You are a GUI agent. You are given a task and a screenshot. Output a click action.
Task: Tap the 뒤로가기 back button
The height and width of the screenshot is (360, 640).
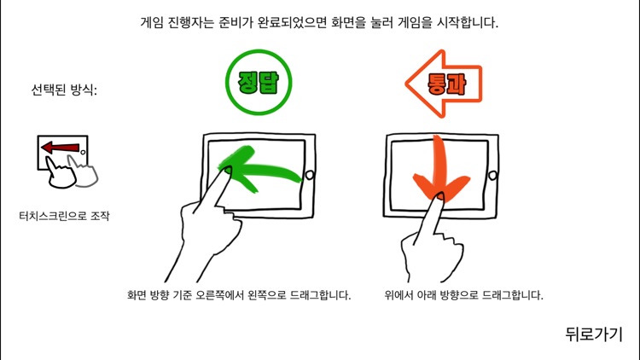(594, 334)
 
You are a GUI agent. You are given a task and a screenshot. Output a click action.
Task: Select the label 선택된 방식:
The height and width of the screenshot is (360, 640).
(64, 89)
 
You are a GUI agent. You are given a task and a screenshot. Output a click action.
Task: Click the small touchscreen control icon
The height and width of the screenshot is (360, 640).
(65, 161)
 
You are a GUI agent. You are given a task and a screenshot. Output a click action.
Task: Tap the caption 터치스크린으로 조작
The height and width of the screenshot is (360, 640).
(64, 217)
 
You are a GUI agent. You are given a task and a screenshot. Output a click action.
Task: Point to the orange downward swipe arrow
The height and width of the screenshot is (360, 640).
(438, 171)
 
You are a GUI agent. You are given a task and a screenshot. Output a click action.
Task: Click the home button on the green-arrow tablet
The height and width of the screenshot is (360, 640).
(309, 175)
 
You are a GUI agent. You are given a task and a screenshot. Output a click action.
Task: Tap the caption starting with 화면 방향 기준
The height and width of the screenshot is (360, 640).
(238, 295)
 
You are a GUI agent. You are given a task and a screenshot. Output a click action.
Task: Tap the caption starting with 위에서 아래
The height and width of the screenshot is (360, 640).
(463, 295)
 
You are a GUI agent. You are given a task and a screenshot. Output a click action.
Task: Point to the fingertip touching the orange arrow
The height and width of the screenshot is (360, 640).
(437, 199)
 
